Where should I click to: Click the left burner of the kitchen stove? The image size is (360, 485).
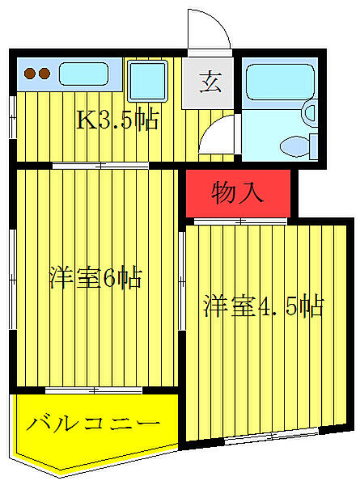(30, 74)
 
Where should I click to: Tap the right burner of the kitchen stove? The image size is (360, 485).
(44, 74)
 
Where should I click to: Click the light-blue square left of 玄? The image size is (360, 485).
(148, 82)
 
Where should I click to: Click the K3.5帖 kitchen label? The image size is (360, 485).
(116, 121)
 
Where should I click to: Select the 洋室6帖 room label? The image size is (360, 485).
(95, 279)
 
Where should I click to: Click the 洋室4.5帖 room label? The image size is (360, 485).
(263, 306)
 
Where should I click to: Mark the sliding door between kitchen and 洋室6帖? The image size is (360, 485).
(100, 165)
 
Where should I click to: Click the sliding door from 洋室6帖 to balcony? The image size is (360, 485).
(95, 390)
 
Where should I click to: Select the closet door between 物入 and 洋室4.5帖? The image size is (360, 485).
(240, 220)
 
